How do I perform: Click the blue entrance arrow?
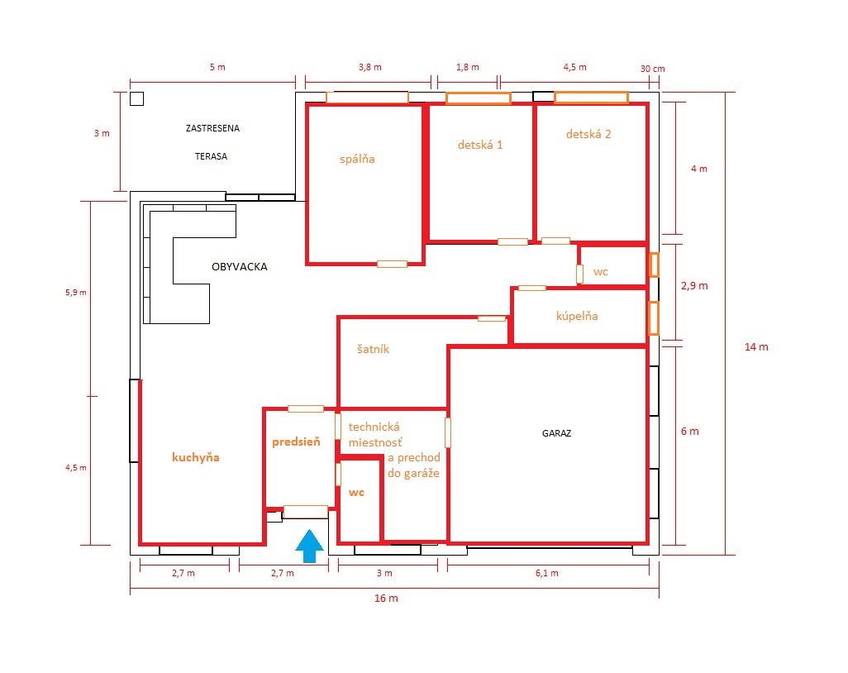309,546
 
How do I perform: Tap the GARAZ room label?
556,433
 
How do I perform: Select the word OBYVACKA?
240,267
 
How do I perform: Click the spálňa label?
357,159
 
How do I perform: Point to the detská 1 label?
480,145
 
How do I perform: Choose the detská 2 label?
588,134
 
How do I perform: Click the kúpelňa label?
577,316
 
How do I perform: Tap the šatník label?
373,349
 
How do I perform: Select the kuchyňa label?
196,458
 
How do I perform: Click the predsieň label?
297,442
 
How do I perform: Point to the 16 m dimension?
386,599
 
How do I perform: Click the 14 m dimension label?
756,346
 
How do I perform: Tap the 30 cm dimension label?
653,69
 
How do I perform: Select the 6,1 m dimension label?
547,573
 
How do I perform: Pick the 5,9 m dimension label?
76,293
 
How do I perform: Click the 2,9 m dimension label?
694,285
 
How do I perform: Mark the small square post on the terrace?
137,98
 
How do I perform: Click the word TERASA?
211,156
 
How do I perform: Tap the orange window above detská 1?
478,98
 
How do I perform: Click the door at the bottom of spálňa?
392,264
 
